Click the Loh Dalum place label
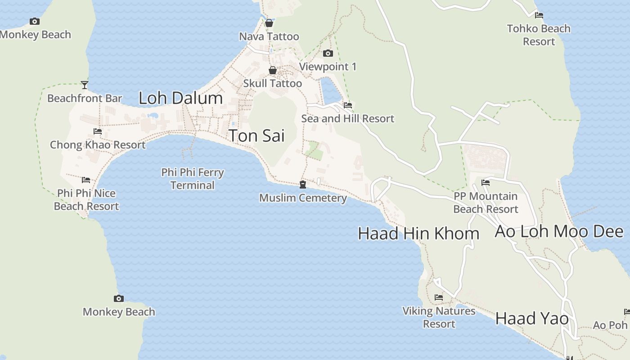(180, 98)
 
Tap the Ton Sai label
(256, 135)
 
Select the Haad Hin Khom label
(418, 234)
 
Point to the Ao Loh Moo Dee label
(559, 231)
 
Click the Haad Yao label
(532, 319)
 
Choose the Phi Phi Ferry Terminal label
(193, 179)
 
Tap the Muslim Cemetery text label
(303, 198)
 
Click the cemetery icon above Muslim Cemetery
(303, 184)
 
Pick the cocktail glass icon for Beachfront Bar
(85, 85)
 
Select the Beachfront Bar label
(85, 98)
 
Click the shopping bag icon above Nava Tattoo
(269, 23)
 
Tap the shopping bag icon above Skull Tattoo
(272, 70)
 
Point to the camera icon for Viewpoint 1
(328, 54)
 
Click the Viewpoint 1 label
(328, 67)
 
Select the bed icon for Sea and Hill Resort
(347, 105)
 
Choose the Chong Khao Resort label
(98, 145)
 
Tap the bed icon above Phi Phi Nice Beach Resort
(86, 180)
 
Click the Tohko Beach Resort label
(539, 35)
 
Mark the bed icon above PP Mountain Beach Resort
(486, 183)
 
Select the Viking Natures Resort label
(439, 317)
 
